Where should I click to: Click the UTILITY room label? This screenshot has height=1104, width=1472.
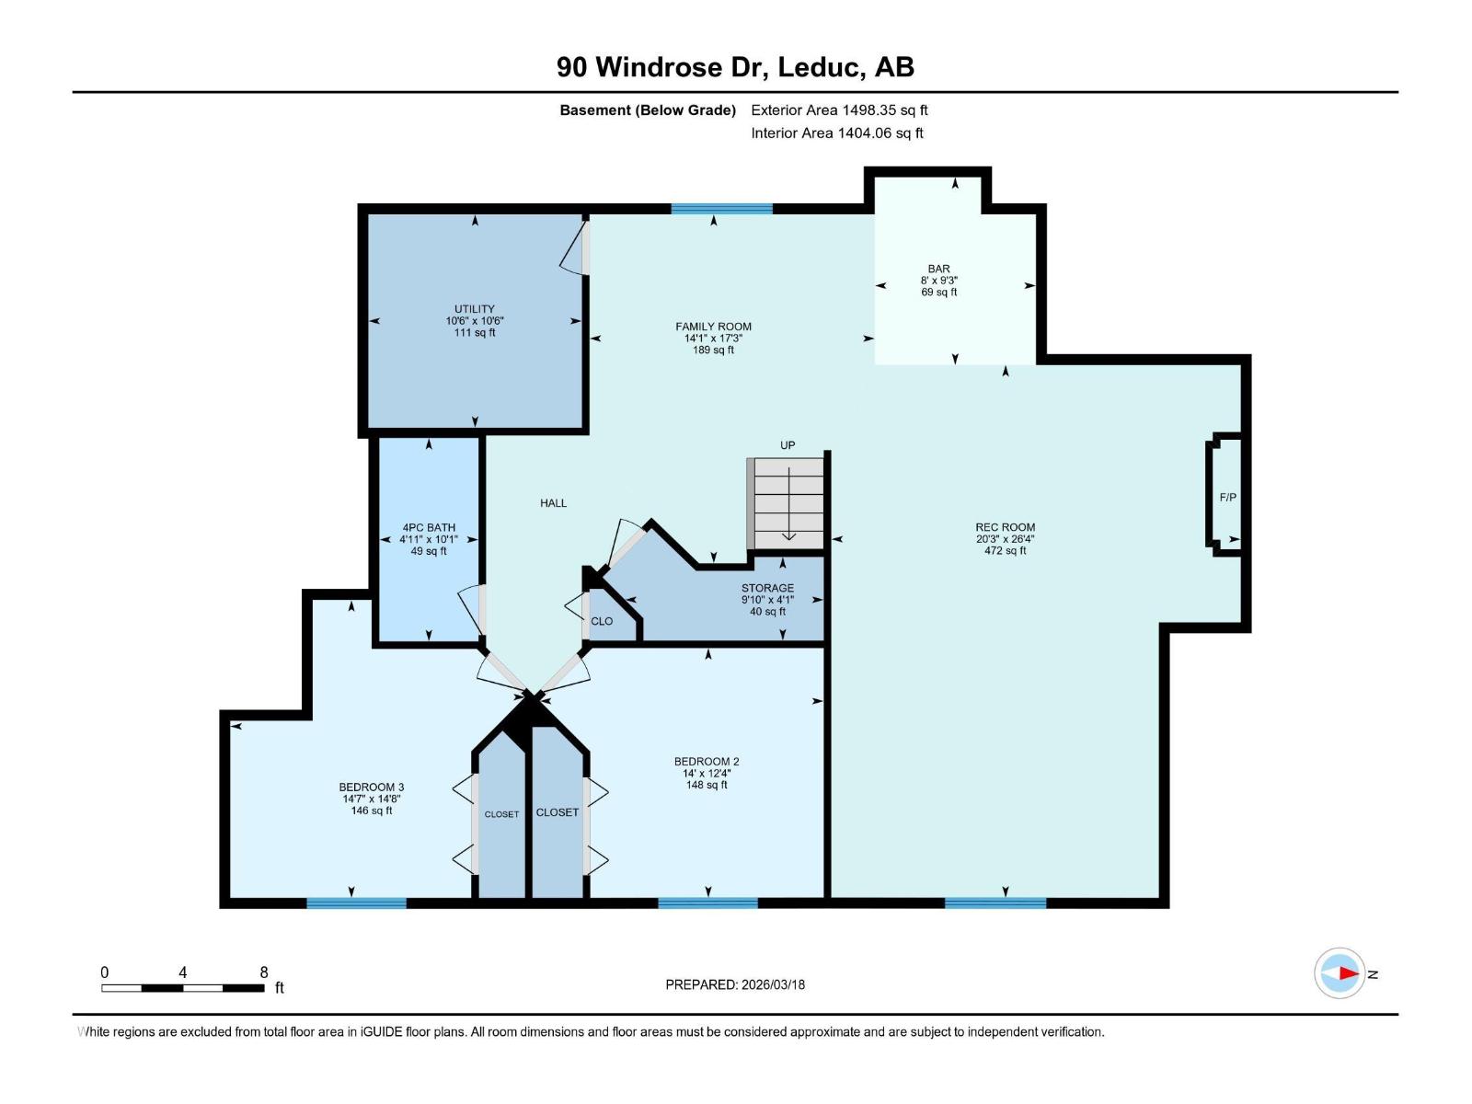[475, 309]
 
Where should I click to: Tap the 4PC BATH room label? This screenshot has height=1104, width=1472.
[429, 528]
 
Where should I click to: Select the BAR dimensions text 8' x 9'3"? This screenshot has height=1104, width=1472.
[938, 281]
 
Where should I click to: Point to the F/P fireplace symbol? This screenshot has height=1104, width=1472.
[1227, 498]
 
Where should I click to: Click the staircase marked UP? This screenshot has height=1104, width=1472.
[788, 504]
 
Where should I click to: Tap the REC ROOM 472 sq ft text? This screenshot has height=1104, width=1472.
[1005, 551]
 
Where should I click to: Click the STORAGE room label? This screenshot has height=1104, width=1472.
[767, 588]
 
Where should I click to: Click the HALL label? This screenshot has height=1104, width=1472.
[553, 503]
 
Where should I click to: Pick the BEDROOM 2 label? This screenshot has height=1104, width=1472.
[707, 762]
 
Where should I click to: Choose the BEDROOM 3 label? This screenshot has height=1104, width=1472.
[372, 788]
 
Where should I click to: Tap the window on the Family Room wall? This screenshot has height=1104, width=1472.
[721, 209]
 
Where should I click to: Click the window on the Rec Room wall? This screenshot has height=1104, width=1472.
[995, 903]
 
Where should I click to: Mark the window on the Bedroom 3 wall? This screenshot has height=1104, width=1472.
[356, 903]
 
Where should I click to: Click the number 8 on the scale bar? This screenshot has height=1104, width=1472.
[264, 972]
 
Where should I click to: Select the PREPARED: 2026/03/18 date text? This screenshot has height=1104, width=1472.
[735, 984]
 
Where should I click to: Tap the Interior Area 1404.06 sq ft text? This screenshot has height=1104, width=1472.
[836, 133]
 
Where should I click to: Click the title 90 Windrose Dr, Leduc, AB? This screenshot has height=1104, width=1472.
[735, 67]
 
